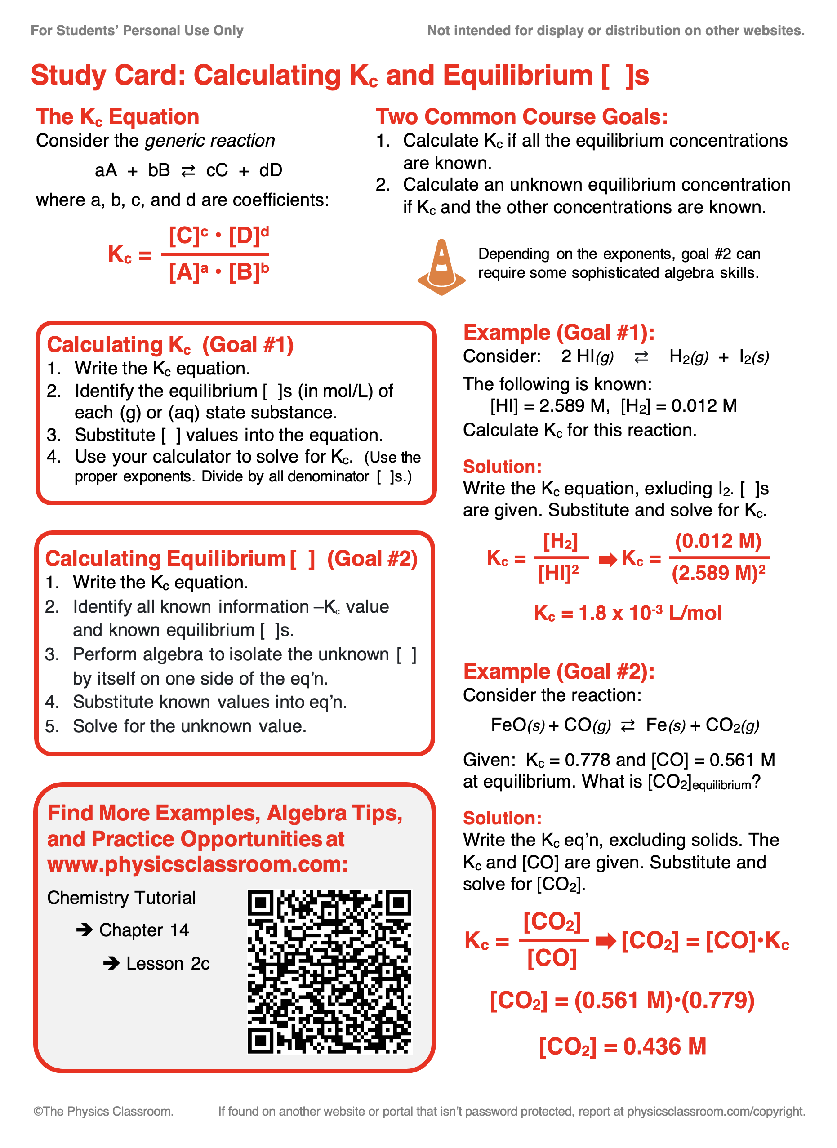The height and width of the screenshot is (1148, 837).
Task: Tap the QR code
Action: pos(330,972)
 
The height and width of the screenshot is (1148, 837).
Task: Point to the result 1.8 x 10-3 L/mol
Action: pos(627,613)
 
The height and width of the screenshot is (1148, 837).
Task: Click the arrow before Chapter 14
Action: pos(84,930)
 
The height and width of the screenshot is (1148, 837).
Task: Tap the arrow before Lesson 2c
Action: pos(111,963)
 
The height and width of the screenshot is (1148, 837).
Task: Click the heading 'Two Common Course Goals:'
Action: pos(522,116)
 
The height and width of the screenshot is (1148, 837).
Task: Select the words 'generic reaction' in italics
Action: pos(210,140)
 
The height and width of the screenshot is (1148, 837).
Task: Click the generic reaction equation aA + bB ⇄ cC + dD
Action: pos(188,170)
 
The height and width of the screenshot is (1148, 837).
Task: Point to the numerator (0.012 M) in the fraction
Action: pos(718,541)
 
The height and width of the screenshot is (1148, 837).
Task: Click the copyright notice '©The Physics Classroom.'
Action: pos(103,1111)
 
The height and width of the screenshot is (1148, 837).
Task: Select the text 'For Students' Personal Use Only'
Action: pos(137,31)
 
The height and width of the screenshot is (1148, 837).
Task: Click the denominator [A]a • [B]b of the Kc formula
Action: pos(218,272)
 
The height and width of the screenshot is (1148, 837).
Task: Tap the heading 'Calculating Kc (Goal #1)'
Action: pos(170,345)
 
